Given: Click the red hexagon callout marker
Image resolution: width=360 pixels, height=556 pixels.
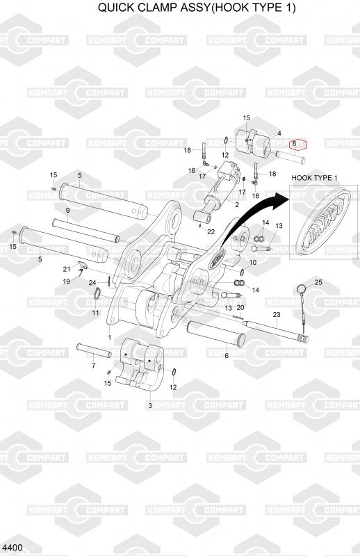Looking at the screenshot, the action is (298, 144).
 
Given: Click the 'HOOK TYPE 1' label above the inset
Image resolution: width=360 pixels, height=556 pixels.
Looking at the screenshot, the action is (314, 178).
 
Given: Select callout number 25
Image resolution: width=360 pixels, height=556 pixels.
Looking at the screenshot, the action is (318, 282).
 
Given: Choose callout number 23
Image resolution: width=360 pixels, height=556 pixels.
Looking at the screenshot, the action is (277, 314).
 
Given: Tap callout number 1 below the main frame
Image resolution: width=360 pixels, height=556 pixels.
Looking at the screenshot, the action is (110, 338).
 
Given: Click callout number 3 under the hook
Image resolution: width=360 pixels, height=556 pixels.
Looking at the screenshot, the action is (150, 405).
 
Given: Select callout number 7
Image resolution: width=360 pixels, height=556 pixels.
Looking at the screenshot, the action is (94, 366).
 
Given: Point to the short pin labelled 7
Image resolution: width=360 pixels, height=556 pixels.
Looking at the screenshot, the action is (94, 350).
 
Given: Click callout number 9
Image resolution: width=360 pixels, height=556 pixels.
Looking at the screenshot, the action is (67, 211).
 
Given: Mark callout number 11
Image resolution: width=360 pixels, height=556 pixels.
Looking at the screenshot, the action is (96, 313).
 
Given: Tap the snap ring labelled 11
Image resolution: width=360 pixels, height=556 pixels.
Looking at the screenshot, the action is (98, 294).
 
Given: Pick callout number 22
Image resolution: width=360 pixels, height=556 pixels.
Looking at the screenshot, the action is (211, 232).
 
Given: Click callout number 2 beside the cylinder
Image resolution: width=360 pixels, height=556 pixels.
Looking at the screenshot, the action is (237, 204).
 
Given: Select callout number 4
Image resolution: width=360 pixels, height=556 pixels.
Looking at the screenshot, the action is (279, 133).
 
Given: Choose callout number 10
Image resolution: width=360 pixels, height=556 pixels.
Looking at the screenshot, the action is (253, 263).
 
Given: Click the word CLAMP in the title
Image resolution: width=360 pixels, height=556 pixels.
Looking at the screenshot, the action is (167, 8).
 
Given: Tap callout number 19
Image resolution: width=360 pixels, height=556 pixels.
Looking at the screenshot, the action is (66, 281).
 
